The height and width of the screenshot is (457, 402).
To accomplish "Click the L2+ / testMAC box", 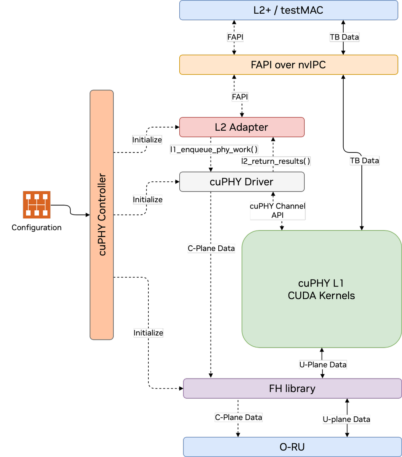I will pos(288,10).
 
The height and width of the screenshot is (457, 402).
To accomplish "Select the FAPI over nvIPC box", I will pos(288,65).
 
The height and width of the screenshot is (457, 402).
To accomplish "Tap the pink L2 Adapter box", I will pos(242,127).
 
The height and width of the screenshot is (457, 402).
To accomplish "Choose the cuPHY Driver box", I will pos(242,182).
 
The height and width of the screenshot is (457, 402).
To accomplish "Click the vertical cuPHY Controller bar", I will pos(102,215).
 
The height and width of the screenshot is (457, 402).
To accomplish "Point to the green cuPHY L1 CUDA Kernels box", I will pos(321,289).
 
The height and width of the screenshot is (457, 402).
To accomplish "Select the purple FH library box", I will pos(292,389).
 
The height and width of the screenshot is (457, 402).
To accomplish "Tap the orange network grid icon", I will pos(37,205).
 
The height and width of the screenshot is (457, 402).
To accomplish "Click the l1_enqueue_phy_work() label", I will pos(214,150).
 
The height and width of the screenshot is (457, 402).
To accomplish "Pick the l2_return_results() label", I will pos(276,161).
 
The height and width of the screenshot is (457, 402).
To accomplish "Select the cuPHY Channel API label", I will pos(277,210).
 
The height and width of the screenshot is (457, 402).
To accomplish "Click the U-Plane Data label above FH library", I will pos(323,364).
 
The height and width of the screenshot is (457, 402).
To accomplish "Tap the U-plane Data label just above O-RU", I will pos(346,419).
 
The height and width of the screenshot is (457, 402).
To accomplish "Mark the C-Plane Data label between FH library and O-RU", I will pos(238,417).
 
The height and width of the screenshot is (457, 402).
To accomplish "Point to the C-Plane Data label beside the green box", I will pos(211,248).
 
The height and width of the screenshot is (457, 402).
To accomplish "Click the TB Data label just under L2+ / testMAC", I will pos(344,37).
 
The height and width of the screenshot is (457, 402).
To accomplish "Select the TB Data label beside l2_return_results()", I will pos(364,161).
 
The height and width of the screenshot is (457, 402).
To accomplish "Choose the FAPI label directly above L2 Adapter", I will pos(240,97).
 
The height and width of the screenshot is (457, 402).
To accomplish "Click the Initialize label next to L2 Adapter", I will pos(147,140).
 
